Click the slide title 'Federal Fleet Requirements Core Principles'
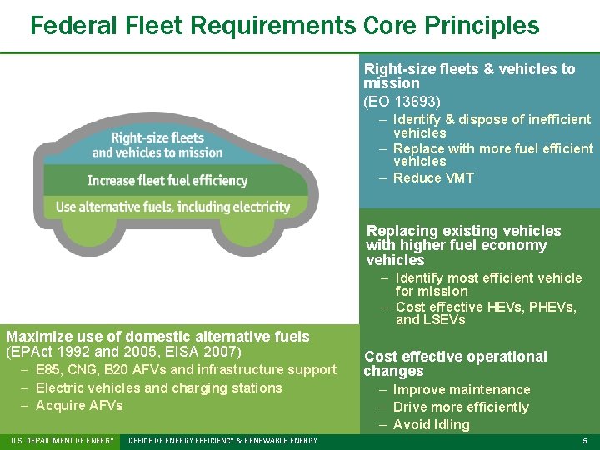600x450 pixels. (x=284, y=25)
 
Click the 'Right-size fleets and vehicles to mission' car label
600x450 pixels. (x=157, y=145)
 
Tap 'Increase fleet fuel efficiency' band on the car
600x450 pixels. (x=167, y=180)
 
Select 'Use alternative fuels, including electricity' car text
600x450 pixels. (x=172, y=207)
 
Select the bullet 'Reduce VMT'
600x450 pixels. (x=433, y=177)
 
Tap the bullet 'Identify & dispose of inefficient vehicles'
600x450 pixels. (x=492, y=126)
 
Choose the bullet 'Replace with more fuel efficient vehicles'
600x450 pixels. (x=493, y=155)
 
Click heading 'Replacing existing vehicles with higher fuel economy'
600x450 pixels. (x=463, y=245)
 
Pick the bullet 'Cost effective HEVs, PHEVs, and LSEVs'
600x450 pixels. (x=486, y=313)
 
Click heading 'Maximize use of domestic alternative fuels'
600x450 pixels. (x=157, y=337)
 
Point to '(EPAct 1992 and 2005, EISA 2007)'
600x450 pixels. (x=123, y=352)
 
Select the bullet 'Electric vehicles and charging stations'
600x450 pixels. (x=158, y=387)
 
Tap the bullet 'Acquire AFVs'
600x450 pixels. (x=79, y=405)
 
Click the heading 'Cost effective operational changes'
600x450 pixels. (x=455, y=363)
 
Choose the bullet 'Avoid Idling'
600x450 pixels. (x=431, y=424)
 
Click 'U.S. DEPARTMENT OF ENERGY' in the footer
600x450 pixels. (x=62, y=441)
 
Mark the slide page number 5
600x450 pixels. (x=585, y=441)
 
